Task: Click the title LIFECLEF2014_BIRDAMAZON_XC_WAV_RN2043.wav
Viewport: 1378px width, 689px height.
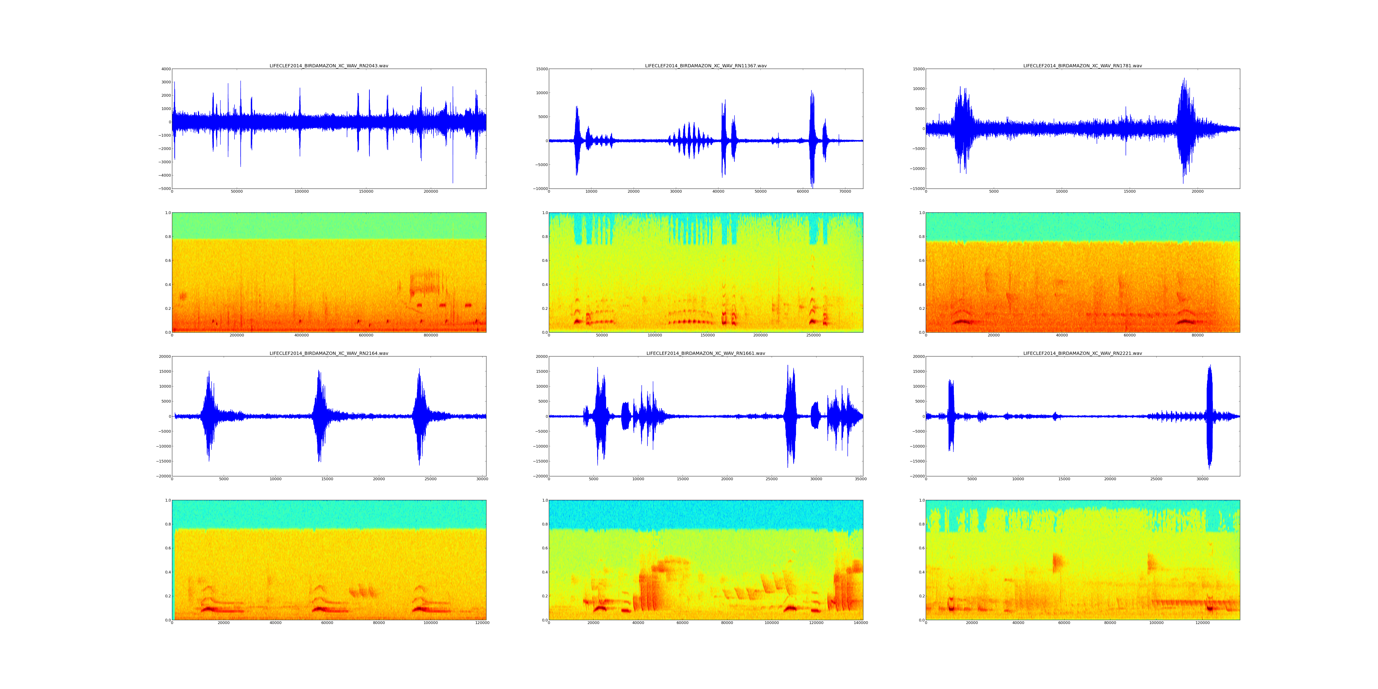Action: pyautogui.click(x=328, y=66)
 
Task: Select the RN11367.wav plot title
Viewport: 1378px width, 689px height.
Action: pyautogui.click(x=706, y=66)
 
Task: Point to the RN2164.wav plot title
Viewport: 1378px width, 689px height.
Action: pyautogui.click(x=328, y=353)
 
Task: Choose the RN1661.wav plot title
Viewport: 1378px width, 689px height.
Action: pyautogui.click(x=706, y=353)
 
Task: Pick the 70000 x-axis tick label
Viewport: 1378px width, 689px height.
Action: pyautogui.click(x=845, y=192)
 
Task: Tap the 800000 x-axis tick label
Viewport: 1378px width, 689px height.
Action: pyautogui.click(x=431, y=335)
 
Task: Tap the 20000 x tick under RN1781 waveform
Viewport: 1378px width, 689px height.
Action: pyautogui.click(x=1198, y=192)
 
